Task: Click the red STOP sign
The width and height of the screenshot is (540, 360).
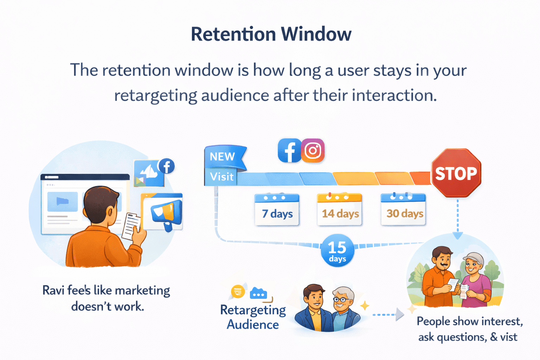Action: tap(456, 173)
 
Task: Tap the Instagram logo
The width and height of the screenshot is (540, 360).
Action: tap(313, 150)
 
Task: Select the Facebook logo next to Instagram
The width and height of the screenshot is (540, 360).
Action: tap(289, 150)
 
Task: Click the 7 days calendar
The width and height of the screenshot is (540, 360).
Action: tap(277, 210)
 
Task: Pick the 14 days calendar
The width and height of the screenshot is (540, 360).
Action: tap(340, 210)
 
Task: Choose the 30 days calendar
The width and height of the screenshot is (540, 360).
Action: tap(403, 210)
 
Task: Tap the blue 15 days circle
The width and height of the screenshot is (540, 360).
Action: tap(337, 250)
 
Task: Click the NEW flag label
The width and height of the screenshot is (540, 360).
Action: tap(223, 156)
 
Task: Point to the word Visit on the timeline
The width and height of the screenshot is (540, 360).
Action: tap(221, 176)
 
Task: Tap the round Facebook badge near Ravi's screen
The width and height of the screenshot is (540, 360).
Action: tap(167, 166)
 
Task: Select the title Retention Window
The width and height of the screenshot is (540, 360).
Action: tap(271, 34)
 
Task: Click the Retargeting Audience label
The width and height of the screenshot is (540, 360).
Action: tap(253, 317)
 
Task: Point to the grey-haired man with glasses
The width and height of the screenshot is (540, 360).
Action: tap(343, 306)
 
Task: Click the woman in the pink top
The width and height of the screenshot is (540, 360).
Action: tap(475, 281)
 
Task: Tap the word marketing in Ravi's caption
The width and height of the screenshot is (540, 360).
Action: tap(142, 290)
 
